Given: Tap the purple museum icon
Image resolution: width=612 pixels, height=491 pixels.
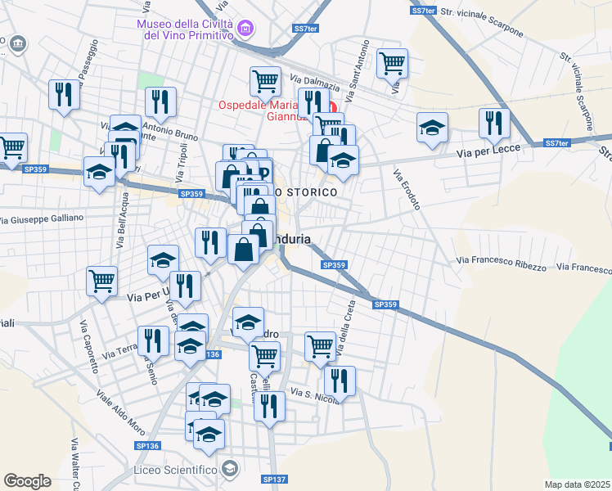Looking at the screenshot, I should [x=244, y=31].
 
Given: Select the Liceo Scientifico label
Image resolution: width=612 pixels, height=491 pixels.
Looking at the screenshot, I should [x=174, y=469].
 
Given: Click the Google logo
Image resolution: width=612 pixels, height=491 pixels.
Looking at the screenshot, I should [x=27, y=481].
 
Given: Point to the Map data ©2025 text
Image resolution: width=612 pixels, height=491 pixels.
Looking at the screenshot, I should [x=578, y=484].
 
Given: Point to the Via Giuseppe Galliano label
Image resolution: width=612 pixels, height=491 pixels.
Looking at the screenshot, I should [x=42, y=218].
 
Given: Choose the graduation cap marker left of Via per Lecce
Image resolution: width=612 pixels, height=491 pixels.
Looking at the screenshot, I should [x=432, y=128].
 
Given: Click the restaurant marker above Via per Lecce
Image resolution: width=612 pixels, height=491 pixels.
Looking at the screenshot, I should [x=493, y=123].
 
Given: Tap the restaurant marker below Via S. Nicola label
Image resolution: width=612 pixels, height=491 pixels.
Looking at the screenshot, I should [x=268, y=406].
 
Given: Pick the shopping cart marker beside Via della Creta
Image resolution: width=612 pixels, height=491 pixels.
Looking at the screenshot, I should [x=320, y=345].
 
